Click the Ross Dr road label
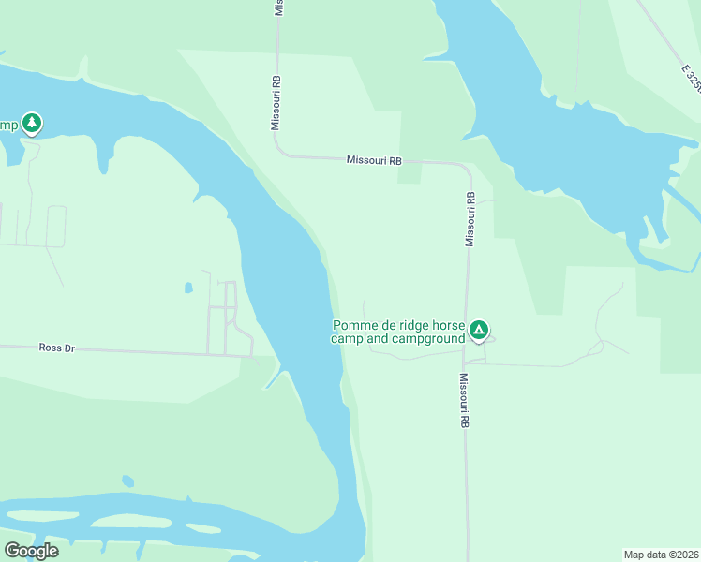pos(56,348)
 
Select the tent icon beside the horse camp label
pos(479,329)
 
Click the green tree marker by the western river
pos(32,123)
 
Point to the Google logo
pos(31,551)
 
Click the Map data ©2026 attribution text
pos(661,554)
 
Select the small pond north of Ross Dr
pos(188,288)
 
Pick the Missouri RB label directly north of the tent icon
pos(470,219)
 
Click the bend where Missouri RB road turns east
pos(278,150)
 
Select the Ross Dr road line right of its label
pos(141,351)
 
